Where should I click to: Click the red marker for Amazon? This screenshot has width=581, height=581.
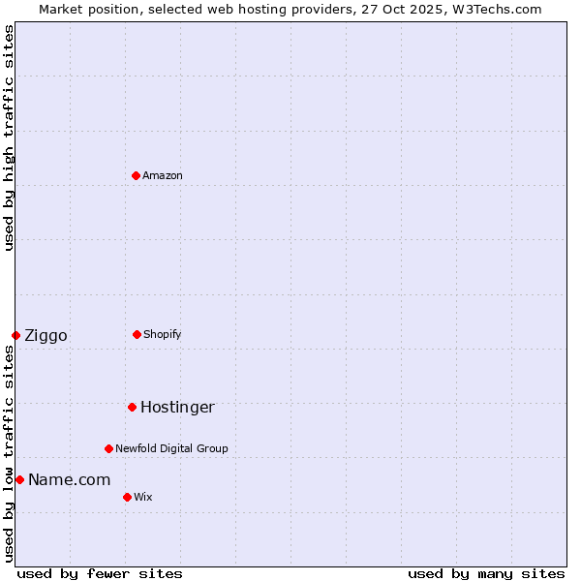pyautogui.click(x=136, y=175)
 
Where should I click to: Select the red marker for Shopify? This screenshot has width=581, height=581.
pyautogui.click(x=137, y=334)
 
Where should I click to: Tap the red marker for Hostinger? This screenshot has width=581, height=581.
pyautogui.click(x=132, y=407)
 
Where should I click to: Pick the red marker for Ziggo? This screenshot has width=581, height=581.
pyautogui.click(x=15, y=335)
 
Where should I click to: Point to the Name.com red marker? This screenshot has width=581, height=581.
pyautogui.click(x=19, y=479)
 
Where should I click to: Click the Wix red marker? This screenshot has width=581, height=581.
pyautogui.click(x=127, y=497)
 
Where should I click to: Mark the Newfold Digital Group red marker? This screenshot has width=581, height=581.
pyautogui.click(x=108, y=448)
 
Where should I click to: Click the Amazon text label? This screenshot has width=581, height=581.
pyautogui.click(x=163, y=175)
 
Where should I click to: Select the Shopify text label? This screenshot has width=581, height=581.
pyautogui.click(x=163, y=334)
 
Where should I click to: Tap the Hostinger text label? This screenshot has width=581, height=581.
pyautogui.click(x=177, y=407)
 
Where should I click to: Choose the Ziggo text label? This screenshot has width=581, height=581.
pyautogui.click(x=46, y=336)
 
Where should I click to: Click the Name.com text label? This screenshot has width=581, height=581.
pyautogui.click(x=69, y=479)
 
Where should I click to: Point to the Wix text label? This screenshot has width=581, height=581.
pyautogui.click(x=143, y=497)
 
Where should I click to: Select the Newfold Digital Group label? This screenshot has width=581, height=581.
pyautogui.click(x=171, y=448)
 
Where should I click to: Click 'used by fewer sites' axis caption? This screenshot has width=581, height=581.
pyautogui.click(x=99, y=573)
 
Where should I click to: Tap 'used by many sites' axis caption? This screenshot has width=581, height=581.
pyautogui.click(x=486, y=573)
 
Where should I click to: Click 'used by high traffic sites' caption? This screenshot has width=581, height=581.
pyautogui.click(x=9, y=138)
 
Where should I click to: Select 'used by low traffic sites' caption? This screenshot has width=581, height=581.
pyautogui.click(x=9, y=453)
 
